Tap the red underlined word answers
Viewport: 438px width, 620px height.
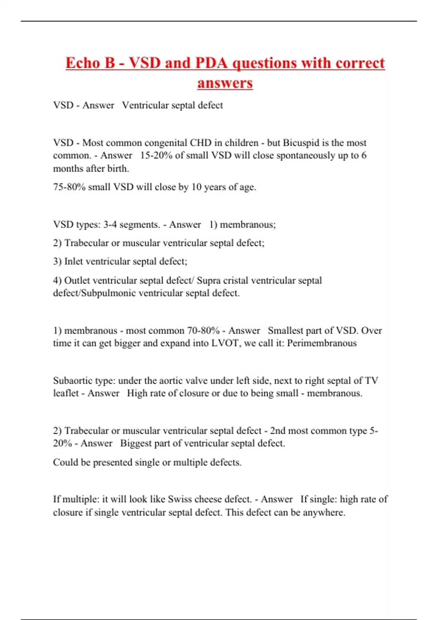pos(225,83)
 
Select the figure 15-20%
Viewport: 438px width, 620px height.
pos(157,155)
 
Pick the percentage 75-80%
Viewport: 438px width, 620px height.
pos(69,187)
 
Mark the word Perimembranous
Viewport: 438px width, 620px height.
pos(322,343)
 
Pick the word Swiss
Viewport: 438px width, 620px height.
pos(180,499)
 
